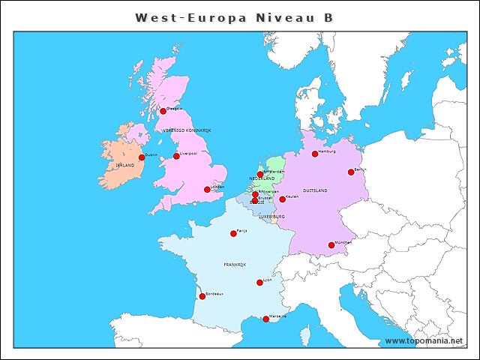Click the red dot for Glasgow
pos(163,111)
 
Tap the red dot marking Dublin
pos(142,157)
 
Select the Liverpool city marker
pos(176,156)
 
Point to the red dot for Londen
pos(207,189)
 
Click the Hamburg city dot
pos(315,154)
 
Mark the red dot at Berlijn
pos(351,172)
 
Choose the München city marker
pos(331,244)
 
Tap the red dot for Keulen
pos(282,199)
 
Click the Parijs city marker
pos(233,233)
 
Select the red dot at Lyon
pos(259,282)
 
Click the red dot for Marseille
pos(266,319)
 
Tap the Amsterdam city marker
pos(260,174)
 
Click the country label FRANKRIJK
pos(235,265)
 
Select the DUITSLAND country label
pos(315,190)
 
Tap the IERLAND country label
pos(124,165)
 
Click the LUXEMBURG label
pos(272,216)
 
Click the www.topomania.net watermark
pos(424,340)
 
